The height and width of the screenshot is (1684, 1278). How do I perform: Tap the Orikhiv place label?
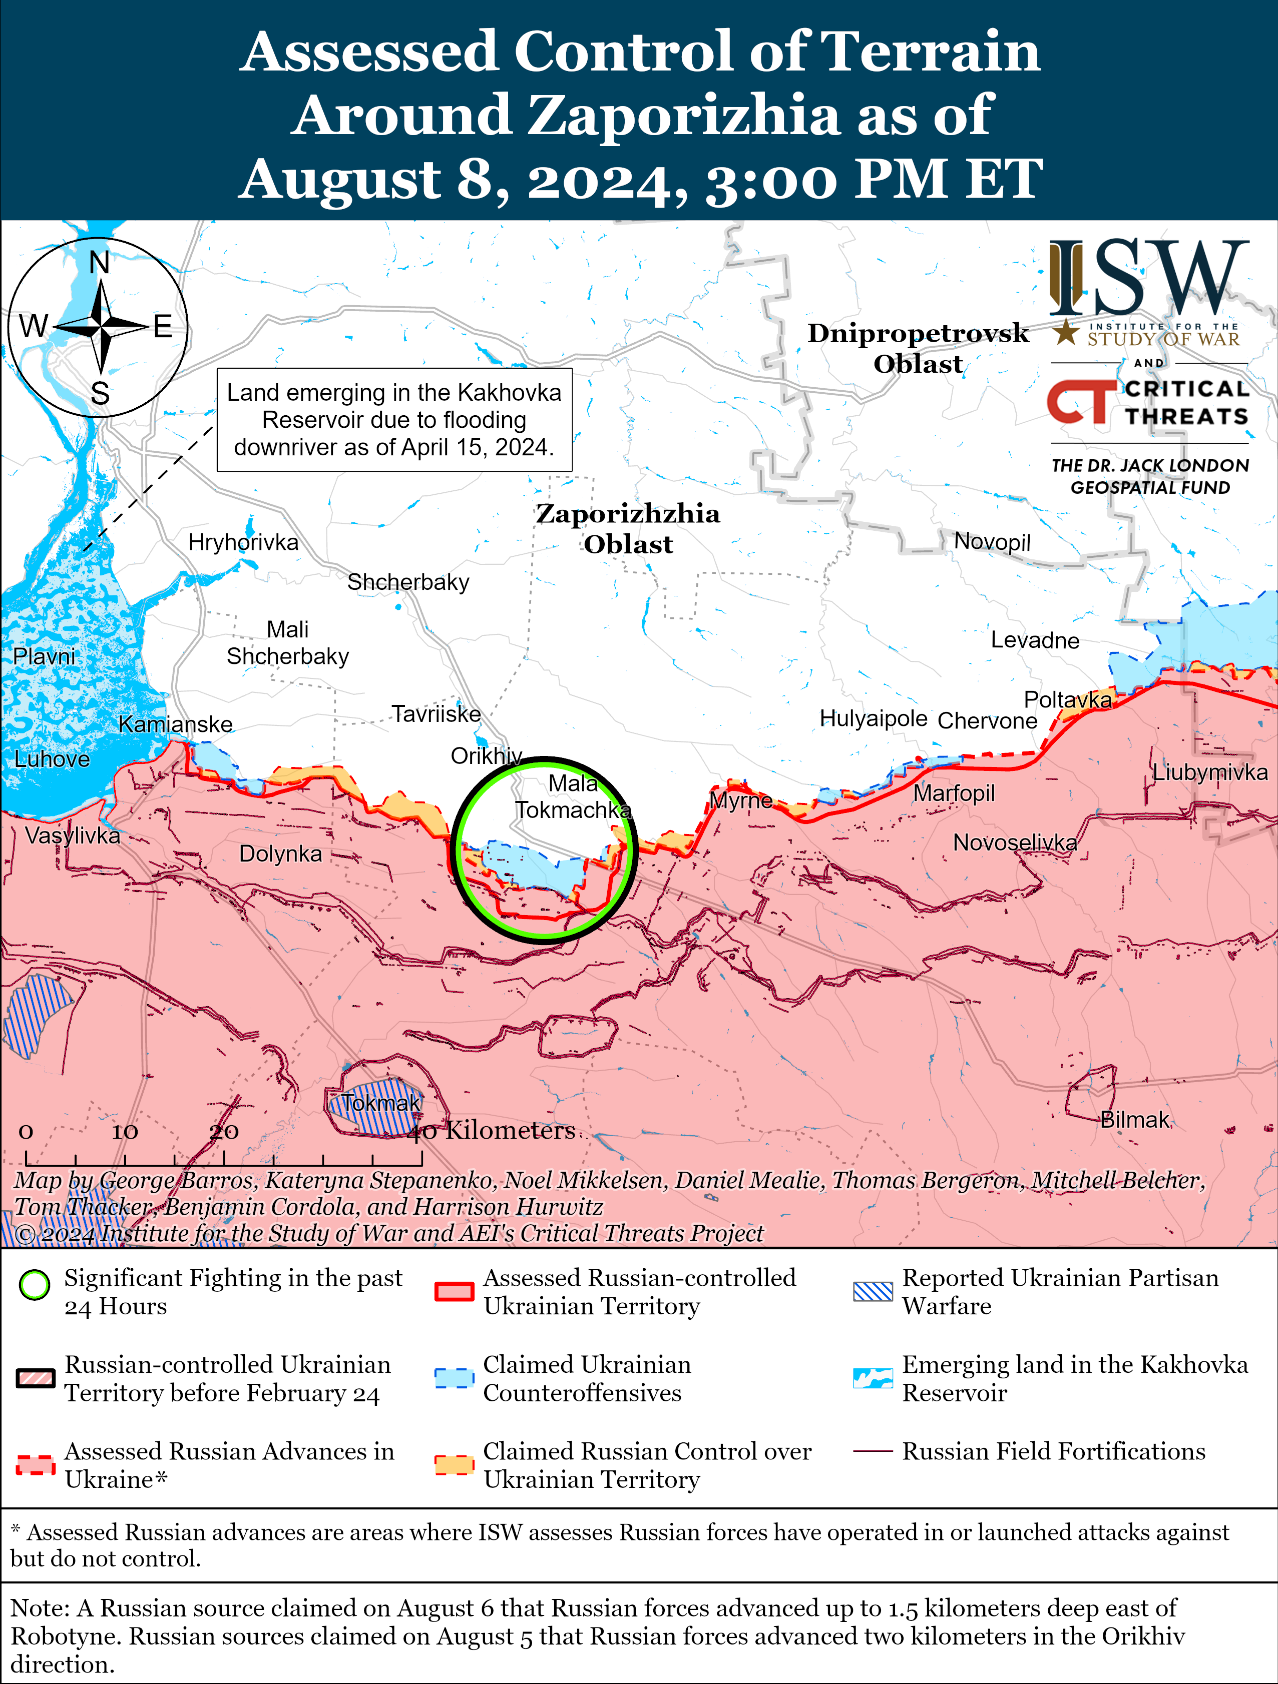[486, 756]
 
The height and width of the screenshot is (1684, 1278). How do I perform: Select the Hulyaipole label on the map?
[873, 718]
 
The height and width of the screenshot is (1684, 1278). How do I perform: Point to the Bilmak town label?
[1135, 1119]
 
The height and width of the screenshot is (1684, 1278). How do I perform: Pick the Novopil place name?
[992, 541]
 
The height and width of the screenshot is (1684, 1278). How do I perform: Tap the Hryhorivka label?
[243, 542]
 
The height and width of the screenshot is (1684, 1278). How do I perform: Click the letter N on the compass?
[99, 263]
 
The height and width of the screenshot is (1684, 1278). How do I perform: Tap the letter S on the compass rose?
[100, 394]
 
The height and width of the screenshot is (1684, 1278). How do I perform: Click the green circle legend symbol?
[34, 1285]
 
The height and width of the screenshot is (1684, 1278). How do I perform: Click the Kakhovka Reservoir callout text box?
[394, 419]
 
